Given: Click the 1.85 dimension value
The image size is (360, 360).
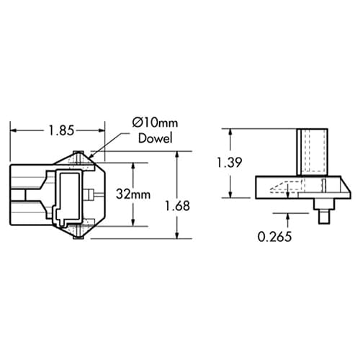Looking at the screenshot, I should [x=60, y=130].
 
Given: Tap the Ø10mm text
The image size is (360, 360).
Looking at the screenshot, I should [x=152, y=123].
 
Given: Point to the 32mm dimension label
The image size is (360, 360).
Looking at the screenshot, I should [x=133, y=194].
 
